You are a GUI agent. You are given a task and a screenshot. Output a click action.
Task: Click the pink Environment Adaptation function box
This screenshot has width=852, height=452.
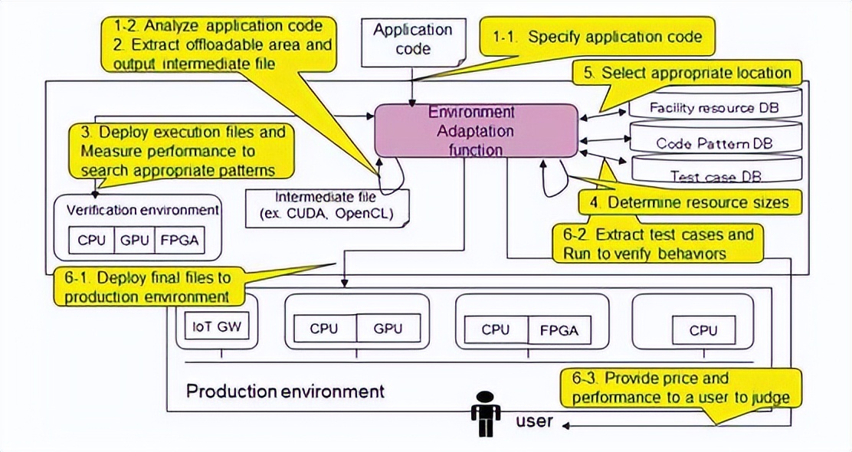(475, 130)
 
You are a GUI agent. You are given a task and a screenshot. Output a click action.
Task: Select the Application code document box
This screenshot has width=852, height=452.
(412, 40)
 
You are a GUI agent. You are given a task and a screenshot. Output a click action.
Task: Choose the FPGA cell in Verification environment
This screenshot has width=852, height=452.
(179, 239)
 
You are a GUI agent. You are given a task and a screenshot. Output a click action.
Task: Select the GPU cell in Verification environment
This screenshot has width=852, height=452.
(135, 239)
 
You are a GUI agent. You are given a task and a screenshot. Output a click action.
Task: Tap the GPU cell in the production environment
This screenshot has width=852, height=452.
(388, 329)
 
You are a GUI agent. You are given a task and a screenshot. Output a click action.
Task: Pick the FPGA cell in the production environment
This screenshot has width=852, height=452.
(563, 330)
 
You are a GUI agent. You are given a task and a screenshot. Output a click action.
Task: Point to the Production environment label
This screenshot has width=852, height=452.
(285, 391)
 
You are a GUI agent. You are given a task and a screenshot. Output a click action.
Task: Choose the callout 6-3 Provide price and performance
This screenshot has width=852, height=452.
(680, 388)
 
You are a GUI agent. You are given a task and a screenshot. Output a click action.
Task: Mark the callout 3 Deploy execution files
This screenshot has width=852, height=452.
(181, 150)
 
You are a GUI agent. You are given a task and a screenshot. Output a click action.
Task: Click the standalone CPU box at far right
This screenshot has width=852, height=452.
(703, 330)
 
